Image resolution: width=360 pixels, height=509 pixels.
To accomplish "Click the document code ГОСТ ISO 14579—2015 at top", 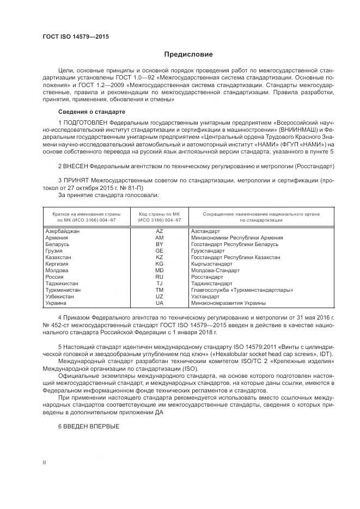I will pos(76,36).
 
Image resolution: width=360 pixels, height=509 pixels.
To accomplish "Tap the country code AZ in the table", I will pos(159,231).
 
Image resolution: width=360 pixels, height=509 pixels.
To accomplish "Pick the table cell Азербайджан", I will pos(62,231).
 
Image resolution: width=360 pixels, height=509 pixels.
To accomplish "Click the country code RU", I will pos(159,277).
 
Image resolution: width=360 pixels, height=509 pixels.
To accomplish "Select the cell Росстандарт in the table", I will pos(207,277).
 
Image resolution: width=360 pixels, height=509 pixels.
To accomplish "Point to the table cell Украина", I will pos(56,303).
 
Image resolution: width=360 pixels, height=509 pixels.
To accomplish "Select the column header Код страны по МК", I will pos(159,217).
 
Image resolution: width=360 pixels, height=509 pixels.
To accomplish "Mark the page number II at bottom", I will pos(45,462).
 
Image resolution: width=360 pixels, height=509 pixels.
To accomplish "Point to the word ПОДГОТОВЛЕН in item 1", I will pos(84,123).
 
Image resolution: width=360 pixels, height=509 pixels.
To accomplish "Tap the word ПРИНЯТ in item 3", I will pos(76,179).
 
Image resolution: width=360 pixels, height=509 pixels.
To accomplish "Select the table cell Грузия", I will pos(54,251).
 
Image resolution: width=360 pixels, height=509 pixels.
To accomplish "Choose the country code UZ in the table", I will pos(159,297).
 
